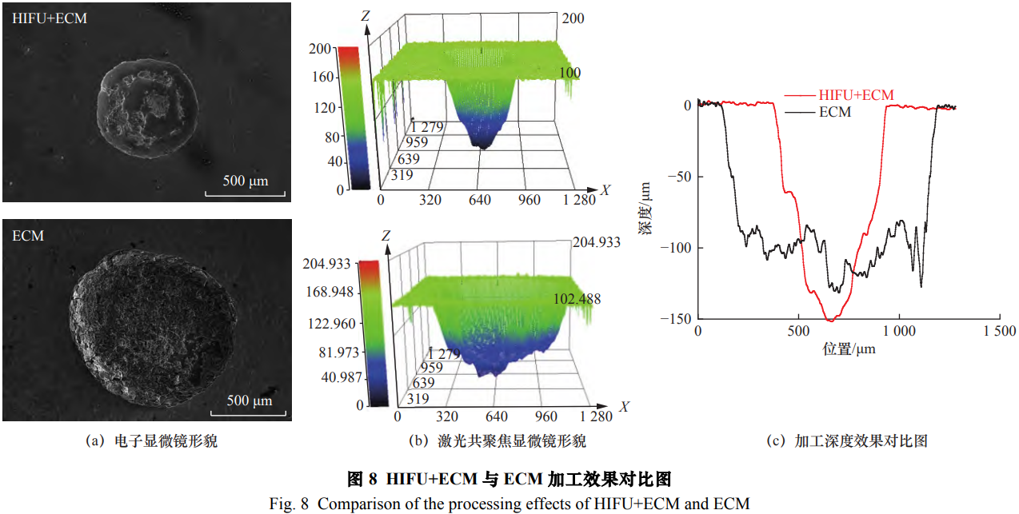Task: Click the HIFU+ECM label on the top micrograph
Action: (50, 18)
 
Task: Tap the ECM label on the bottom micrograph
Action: (28, 236)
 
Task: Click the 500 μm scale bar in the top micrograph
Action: (245, 181)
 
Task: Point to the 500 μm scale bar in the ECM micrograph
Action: (250, 400)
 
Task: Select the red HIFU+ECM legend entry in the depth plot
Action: (840, 96)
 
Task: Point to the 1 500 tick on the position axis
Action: (998, 331)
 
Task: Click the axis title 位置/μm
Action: (849, 349)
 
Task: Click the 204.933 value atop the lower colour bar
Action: (328, 265)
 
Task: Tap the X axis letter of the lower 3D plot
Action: (623, 407)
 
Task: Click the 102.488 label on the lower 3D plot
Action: (576, 299)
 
